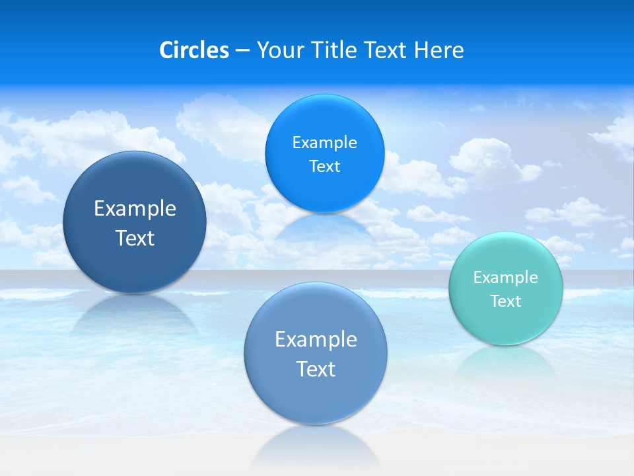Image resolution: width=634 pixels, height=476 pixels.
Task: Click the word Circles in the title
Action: click(194, 50)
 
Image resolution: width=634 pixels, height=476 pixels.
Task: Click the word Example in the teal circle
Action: click(506, 278)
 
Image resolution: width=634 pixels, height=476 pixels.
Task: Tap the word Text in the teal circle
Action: click(506, 301)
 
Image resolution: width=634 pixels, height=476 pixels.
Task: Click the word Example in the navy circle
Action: click(135, 209)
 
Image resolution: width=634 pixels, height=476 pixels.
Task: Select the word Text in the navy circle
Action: click(135, 238)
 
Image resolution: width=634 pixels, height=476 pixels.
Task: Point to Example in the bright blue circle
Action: click(325, 143)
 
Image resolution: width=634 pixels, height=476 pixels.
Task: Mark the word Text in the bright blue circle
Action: click(325, 167)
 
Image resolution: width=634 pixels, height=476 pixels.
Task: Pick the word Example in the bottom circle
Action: click(316, 340)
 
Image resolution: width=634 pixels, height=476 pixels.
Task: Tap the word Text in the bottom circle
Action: click(316, 369)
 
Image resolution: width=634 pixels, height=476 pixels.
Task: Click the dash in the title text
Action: click(242, 50)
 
